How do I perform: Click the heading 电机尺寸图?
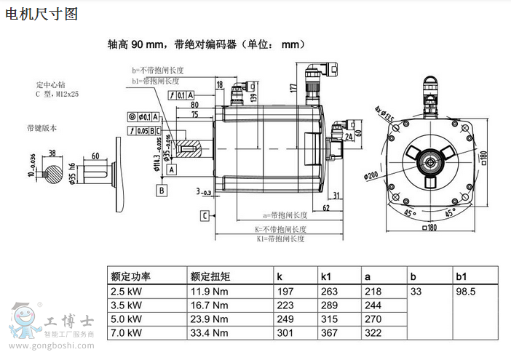[x=41, y=13]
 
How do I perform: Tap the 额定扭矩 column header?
[x=210, y=276]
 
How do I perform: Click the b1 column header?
[x=461, y=276]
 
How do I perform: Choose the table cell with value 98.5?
[x=465, y=292]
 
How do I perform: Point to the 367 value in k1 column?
[x=330, y=333]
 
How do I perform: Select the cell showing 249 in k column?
[x=285, y=319]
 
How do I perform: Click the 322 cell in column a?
[x=373, y=333]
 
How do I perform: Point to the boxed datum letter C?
[x=205, y=215]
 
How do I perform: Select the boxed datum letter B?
[x=162, y=190]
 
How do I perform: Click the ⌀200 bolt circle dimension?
[x=373, y=175]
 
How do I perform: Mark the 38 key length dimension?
[x=52, y=153]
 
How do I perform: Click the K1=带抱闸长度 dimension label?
[x=280, y=239]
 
